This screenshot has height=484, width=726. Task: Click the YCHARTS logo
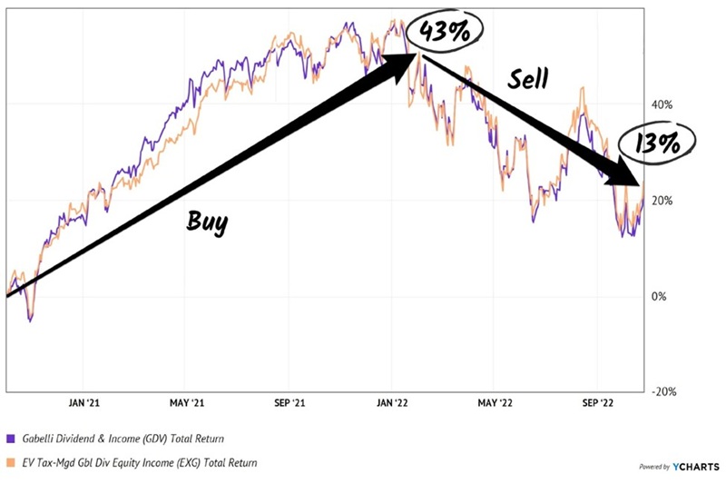point(693,466)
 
